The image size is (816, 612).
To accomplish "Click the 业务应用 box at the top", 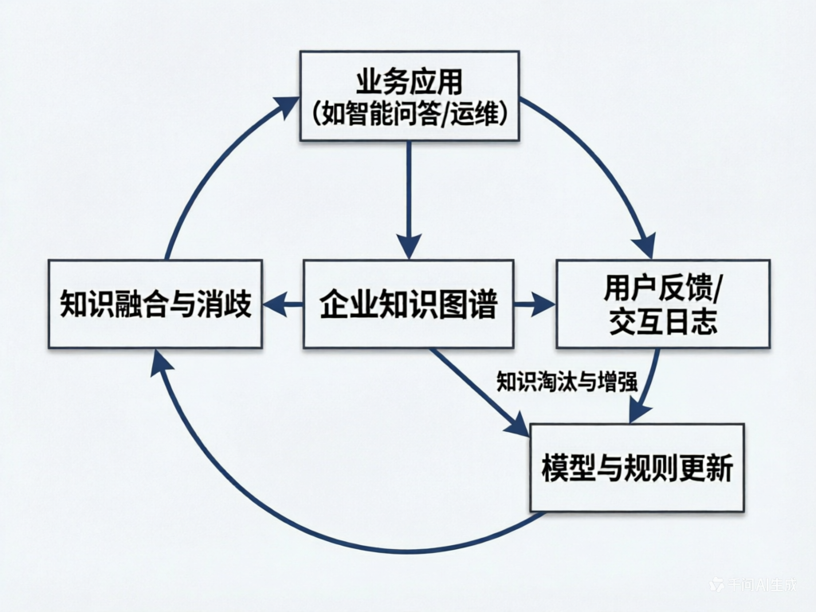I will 409,96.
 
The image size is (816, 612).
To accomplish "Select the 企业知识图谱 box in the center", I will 408,304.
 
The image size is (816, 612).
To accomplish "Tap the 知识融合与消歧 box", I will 155,304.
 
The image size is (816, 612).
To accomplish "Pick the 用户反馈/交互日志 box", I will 662,304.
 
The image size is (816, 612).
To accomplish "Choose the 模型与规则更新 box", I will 637,468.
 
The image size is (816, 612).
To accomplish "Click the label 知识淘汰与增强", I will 566,381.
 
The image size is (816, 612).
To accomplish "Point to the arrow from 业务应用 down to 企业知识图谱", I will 409,199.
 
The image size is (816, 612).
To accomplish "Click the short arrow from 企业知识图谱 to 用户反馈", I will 534,304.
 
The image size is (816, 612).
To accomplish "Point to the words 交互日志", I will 663,322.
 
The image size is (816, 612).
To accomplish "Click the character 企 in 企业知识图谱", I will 334,304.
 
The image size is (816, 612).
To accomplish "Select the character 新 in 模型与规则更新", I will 718,469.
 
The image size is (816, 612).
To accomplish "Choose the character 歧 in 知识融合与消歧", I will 237,304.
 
